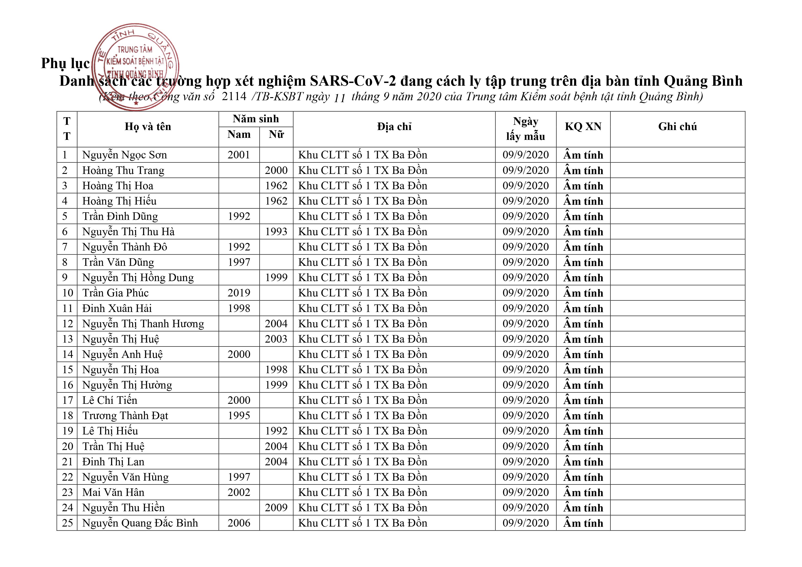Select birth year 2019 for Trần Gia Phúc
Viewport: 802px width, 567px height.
(239, 293)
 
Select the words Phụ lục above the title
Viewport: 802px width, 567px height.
(65, 63)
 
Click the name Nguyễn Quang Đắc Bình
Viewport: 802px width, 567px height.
(140, 523)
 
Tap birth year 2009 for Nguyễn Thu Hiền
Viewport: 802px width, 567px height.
(276, 508)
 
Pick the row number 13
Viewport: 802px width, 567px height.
(67, 339)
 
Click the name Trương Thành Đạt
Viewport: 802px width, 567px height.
(125, 416)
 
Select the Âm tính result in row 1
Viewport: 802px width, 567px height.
(583, 155)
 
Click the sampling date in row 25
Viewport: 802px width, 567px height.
(525, 523)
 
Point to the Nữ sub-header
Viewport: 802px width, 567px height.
(276, 135)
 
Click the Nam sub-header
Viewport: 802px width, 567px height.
(239, 135)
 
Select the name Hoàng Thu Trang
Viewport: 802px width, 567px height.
(123, 170)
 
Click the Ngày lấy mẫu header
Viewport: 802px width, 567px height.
(525, 129)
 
